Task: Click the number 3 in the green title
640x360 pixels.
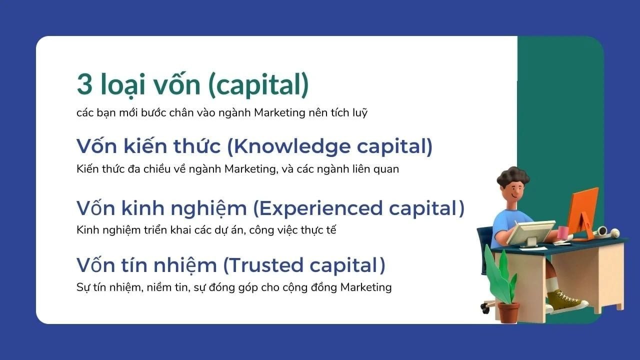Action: (x=84, y=84)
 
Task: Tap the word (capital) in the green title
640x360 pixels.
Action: (x=259, y=85)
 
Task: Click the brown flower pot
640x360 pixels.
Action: (x=508, y=312)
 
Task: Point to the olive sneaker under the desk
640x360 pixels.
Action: (x=566, y=301)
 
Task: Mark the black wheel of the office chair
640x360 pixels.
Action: (x=485, y=309)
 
